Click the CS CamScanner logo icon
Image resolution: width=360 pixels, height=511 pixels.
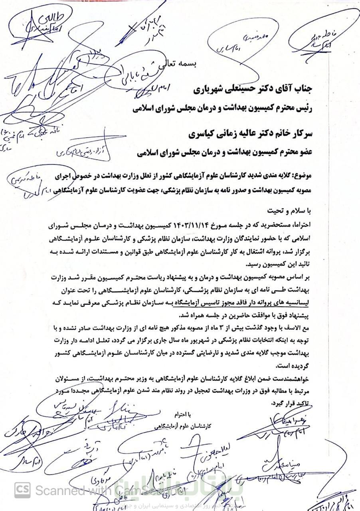coord(22,489)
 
